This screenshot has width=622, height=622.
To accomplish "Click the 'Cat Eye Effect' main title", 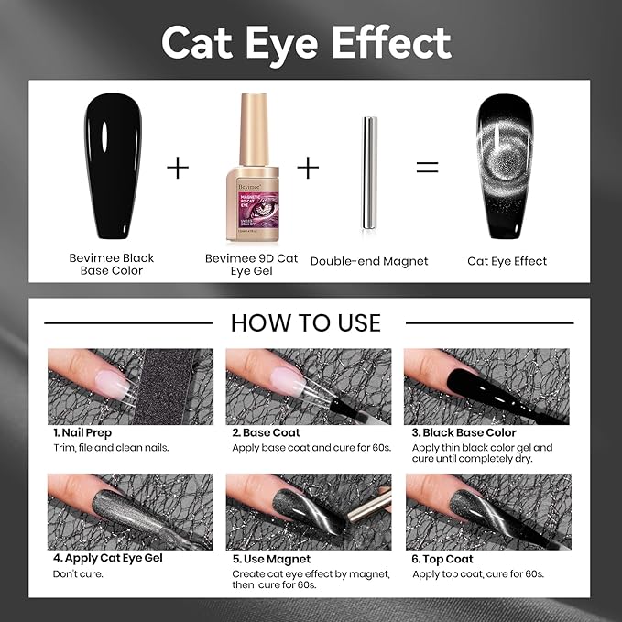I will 306,43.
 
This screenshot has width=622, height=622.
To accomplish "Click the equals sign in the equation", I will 428,167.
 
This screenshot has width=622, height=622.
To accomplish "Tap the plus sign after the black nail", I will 177,168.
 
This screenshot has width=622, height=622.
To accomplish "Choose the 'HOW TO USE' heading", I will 306,322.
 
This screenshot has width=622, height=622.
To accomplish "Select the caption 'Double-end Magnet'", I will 369,261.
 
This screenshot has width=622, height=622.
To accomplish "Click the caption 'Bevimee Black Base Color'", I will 112,265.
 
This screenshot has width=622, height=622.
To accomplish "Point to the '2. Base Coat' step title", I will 266,432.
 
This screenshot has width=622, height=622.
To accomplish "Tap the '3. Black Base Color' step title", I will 464,432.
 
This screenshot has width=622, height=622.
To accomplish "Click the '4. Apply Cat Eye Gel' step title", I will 109,558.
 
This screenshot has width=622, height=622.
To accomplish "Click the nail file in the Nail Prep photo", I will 166,385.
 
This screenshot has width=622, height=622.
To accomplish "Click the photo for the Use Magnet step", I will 309,510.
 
